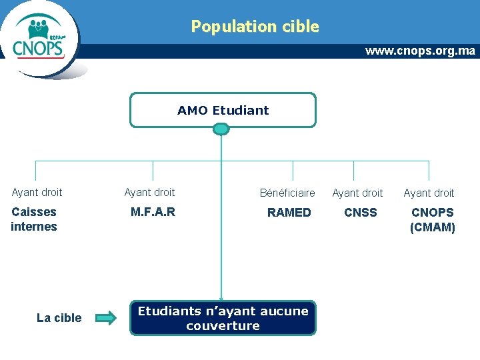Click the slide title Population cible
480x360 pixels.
coord(255,27)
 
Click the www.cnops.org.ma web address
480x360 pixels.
coord(420,51)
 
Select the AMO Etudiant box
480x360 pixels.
coord(223,110)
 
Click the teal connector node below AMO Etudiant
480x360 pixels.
coord(221,129)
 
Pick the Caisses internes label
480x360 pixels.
coord(34,219)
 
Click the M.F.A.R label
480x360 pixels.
coord(153,212)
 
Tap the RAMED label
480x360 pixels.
coord(289,213)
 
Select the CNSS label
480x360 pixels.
coord(360,213)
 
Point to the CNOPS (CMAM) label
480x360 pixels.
coord(433,220)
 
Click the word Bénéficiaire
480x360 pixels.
coord(287,193)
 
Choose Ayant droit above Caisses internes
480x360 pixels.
coord(37,192)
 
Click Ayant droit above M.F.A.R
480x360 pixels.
coord(149,192)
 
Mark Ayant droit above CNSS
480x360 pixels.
coord(357,193)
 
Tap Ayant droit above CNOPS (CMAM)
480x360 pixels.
coord(429,193)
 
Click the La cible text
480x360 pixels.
coord(59,318)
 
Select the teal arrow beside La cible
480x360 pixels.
coord(105,318)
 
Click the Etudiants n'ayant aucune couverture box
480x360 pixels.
coord(223,318)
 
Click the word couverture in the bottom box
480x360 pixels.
coord(223,326)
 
